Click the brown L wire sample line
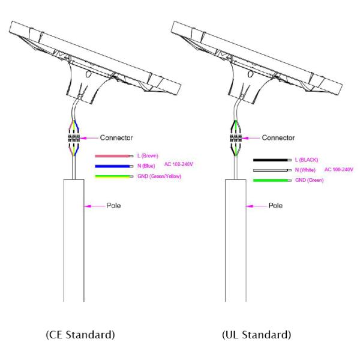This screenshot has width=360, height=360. coord(114,156)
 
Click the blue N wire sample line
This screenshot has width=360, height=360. coord(114,166)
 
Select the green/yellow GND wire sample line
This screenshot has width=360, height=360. coord(114,176)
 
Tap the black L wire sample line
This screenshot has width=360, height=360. coord(272,160)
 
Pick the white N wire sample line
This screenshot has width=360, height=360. coord(272,170)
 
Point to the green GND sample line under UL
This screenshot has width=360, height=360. coord(272,181)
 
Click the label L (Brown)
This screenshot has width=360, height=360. coord(148,156)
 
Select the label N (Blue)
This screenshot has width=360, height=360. coord(146,166)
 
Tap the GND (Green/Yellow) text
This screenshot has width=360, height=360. coord(160,176)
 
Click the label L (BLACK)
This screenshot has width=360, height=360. coord(307,160)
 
